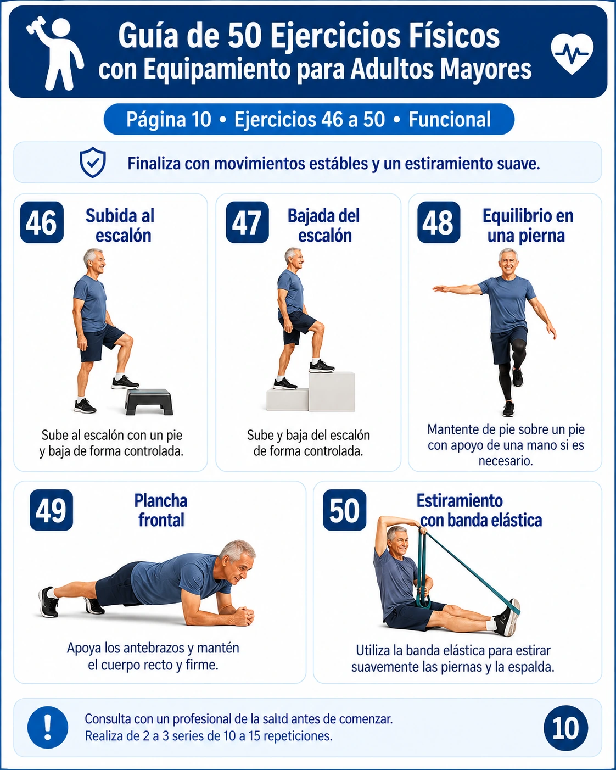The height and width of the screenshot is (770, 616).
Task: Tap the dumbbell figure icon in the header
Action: click(x=55, y=53)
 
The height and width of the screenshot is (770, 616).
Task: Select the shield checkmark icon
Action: click(x=93, y=163)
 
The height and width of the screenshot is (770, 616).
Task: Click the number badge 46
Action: click(x=42, y=222)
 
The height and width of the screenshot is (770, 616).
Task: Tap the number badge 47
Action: click(x=247, y=222)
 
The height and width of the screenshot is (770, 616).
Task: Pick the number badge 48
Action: click(x=439, y=222)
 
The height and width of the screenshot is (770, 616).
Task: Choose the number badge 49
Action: click(x=51, y=510)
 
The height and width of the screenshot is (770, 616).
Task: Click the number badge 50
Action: click(x=344, y=510)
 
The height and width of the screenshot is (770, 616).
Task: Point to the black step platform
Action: click(x=149, y=401)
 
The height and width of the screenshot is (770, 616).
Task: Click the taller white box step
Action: click(x=332, y=392)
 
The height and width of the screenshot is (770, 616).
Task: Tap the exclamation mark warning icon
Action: click(x=48, y=727)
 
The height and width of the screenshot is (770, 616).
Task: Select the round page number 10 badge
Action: click(x=565, y=727)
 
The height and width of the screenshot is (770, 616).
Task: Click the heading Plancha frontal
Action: click(x=161, y=510)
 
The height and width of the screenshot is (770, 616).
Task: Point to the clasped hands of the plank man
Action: click(x=244, y=616)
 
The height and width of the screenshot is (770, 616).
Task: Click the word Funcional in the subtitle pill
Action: click(x=450, y=120)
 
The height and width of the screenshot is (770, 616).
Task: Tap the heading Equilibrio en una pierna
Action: click(x=527, y=226)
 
